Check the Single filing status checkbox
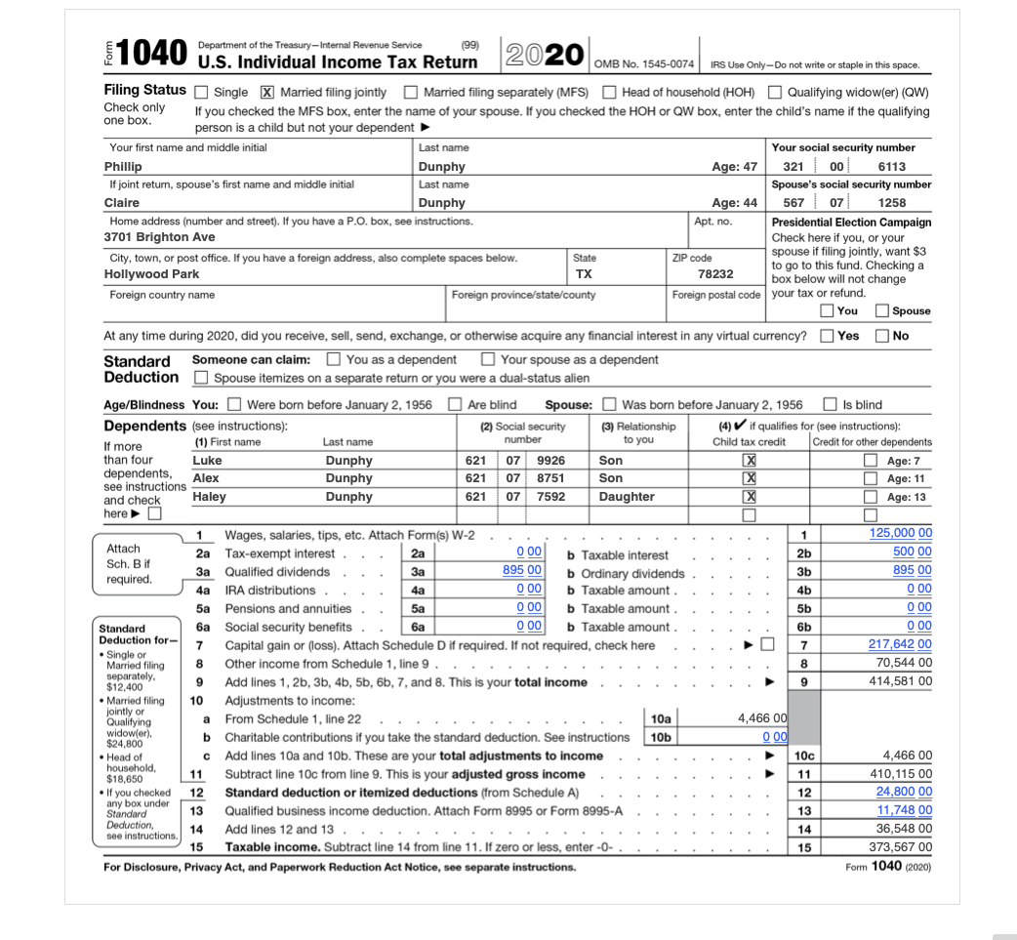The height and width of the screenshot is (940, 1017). [x=201, y=93]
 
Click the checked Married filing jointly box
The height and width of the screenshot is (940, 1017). [x=266, y=93]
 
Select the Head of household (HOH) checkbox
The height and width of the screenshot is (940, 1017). [x=609, y=93]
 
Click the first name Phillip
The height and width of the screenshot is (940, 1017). [x=123, y=167]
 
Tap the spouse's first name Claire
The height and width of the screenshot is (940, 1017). [x=122, y=203]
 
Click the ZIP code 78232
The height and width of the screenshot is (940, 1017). [x=715, y=274]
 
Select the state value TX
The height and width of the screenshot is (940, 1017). [x=584, y=274]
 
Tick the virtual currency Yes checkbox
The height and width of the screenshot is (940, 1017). [x=827, y=336]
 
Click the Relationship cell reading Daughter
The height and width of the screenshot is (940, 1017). [x=627, y=497]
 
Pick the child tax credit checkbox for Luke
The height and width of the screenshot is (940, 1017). [x=750, y=461]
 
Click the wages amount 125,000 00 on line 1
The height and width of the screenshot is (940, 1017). [x=900, y=533]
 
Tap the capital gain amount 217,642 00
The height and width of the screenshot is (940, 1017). [x=900, y=644]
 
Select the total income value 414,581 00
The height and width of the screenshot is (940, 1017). [x=900, y=681]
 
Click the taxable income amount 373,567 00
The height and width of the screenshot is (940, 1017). [x=900, y=847]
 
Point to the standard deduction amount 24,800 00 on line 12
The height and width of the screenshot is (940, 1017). [x=903, y=792]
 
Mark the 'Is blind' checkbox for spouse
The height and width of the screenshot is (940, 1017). [x=830, y=405]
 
